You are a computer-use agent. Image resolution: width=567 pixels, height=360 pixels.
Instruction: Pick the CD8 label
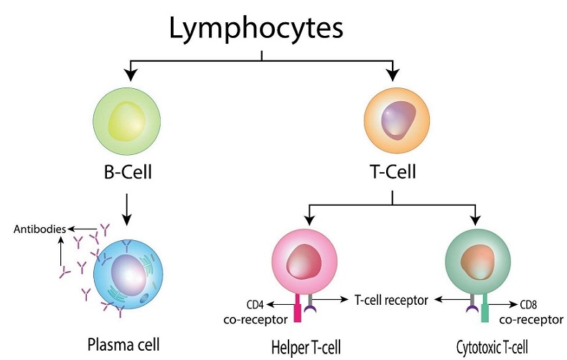[x=529, y=303]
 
